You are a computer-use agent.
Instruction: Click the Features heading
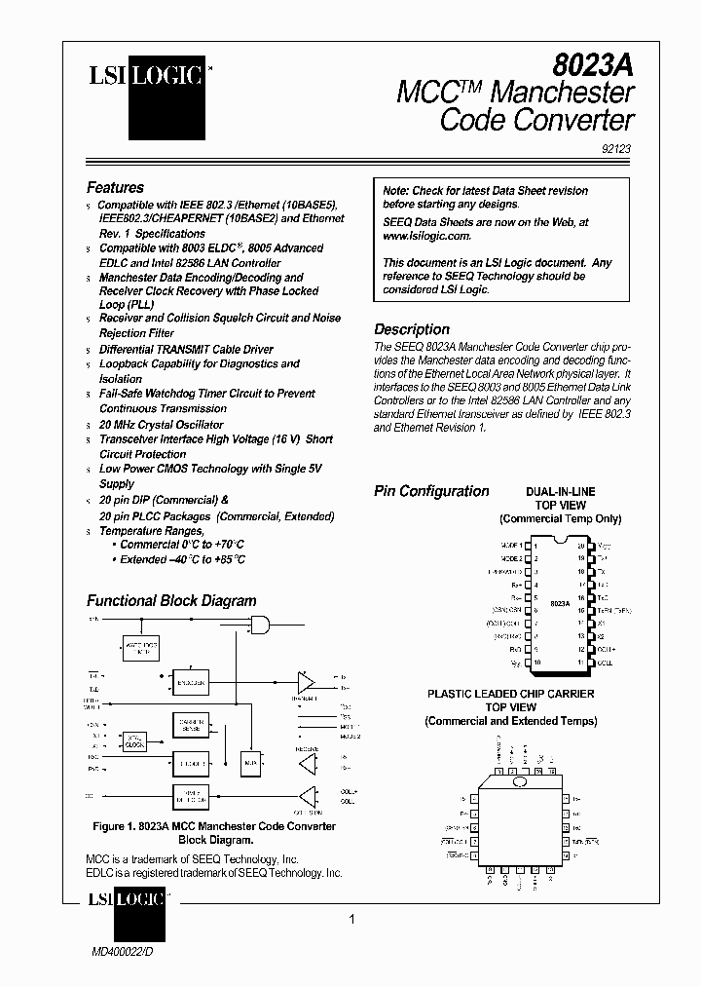tap(115, 187)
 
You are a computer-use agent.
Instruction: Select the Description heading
tap(412, 329)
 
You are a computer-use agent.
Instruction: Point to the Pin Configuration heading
tap(431, 491)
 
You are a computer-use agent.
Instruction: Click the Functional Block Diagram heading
tap(171, 601)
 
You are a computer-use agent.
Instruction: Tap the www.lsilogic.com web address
tap(426, 236)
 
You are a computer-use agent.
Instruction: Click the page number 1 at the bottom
tap(352, 920)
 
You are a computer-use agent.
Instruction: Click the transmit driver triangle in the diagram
tap(307, 679)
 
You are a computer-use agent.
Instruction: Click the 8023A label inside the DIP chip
tap(560, 604)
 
